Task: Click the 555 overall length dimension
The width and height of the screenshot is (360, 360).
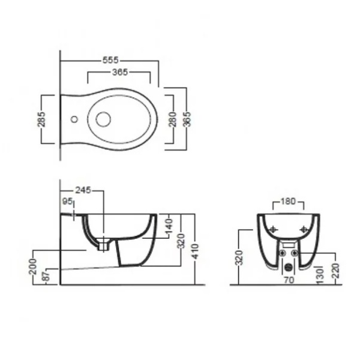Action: pyautogui.click(x=110, y=61)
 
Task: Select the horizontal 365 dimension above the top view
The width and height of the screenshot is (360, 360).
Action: pyautogui.click(x=120, y=73)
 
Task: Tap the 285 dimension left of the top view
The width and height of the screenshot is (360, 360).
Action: pyautogui.click(x=41, y=119)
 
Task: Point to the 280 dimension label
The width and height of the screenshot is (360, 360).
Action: pyautogui.click(x=173, y=119)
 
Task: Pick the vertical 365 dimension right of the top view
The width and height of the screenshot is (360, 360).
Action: pyautogui.click(x=187, y=119)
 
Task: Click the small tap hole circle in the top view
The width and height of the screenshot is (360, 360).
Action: pyautogui.click(x=74, y=119)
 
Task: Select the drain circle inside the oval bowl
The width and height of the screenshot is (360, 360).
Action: pyautogui.click(x=103, y=119)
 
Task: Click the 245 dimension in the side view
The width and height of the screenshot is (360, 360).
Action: pyautogui.click(x=83, y=190)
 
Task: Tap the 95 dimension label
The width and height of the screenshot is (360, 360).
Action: pyautogui.click(x=67, y=202)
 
